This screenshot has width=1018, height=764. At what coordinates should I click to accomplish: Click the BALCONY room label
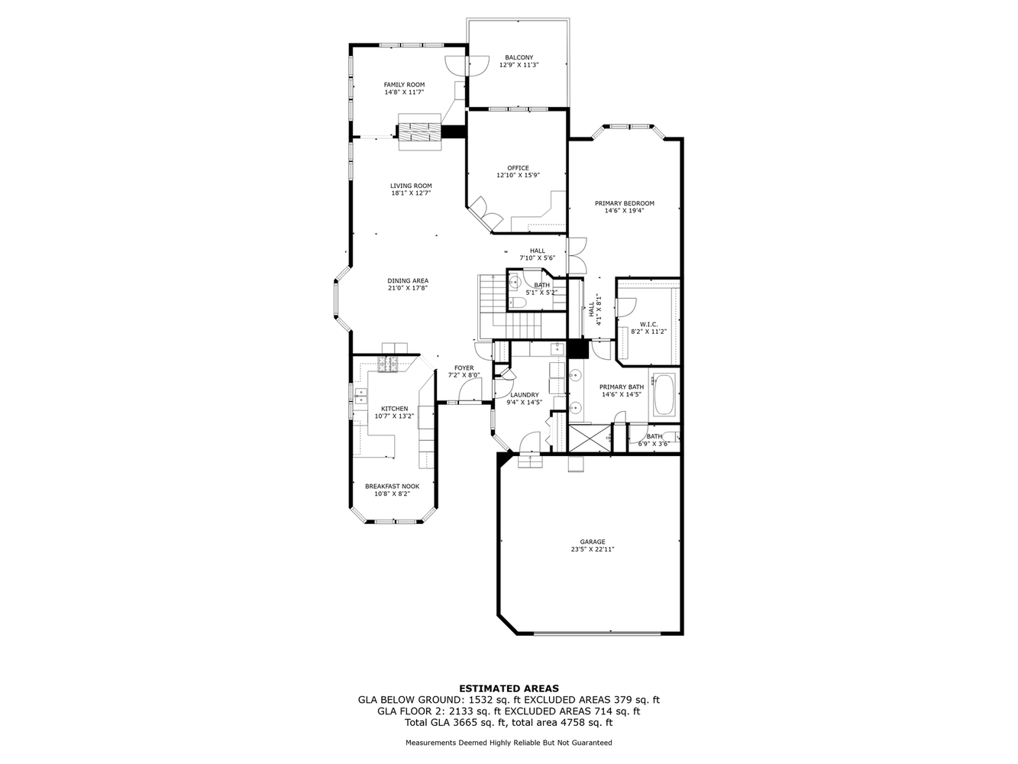(x=519, y=57)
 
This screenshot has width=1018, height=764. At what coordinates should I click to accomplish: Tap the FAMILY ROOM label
(x=404, y=85)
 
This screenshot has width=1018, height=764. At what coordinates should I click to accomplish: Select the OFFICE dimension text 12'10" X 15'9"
(x=518, y=176)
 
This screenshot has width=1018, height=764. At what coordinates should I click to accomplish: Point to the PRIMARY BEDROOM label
(x=624, y=203)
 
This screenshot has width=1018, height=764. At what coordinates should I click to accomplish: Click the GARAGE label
(x=593, y=542)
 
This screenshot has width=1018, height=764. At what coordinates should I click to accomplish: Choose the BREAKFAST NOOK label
(x=392, y=486)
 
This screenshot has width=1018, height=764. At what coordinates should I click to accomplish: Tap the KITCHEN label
(x=394, y=409)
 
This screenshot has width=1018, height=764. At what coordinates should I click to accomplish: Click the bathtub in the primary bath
(x=664, y=394)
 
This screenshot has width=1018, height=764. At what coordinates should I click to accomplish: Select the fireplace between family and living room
(x=420, y=132)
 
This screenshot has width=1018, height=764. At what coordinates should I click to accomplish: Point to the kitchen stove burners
(x=387, y=364)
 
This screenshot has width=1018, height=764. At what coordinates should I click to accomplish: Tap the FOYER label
(x=464, y=367)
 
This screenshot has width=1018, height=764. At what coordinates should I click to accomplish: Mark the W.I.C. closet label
(x=649, y=324)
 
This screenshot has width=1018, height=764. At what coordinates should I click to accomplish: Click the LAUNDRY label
(x=525, y=395)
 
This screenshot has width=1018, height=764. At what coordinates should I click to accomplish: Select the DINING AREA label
(x=408, y=280)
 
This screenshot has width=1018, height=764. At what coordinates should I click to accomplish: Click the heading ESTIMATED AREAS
(x=509, y=688)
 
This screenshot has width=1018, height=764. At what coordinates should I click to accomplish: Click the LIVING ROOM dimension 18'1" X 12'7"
(x=411, y=193)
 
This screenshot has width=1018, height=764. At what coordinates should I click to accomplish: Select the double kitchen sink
(x=360, y=396)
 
